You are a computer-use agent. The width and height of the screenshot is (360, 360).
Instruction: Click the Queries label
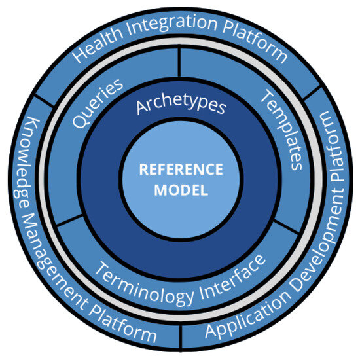point(99,103)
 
